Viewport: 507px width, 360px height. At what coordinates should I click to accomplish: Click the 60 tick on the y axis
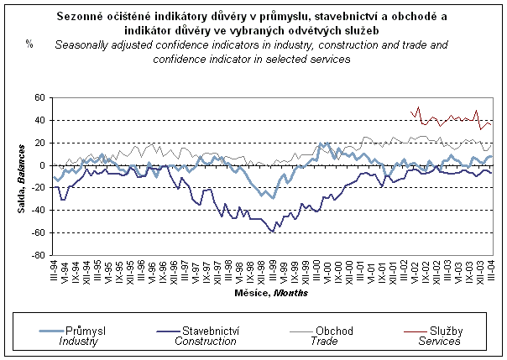tap(39, 98)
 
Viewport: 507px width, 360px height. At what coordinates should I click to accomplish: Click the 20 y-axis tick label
tap(39, 143)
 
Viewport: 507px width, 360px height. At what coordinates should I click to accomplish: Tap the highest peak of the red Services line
tap(418, 107)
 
